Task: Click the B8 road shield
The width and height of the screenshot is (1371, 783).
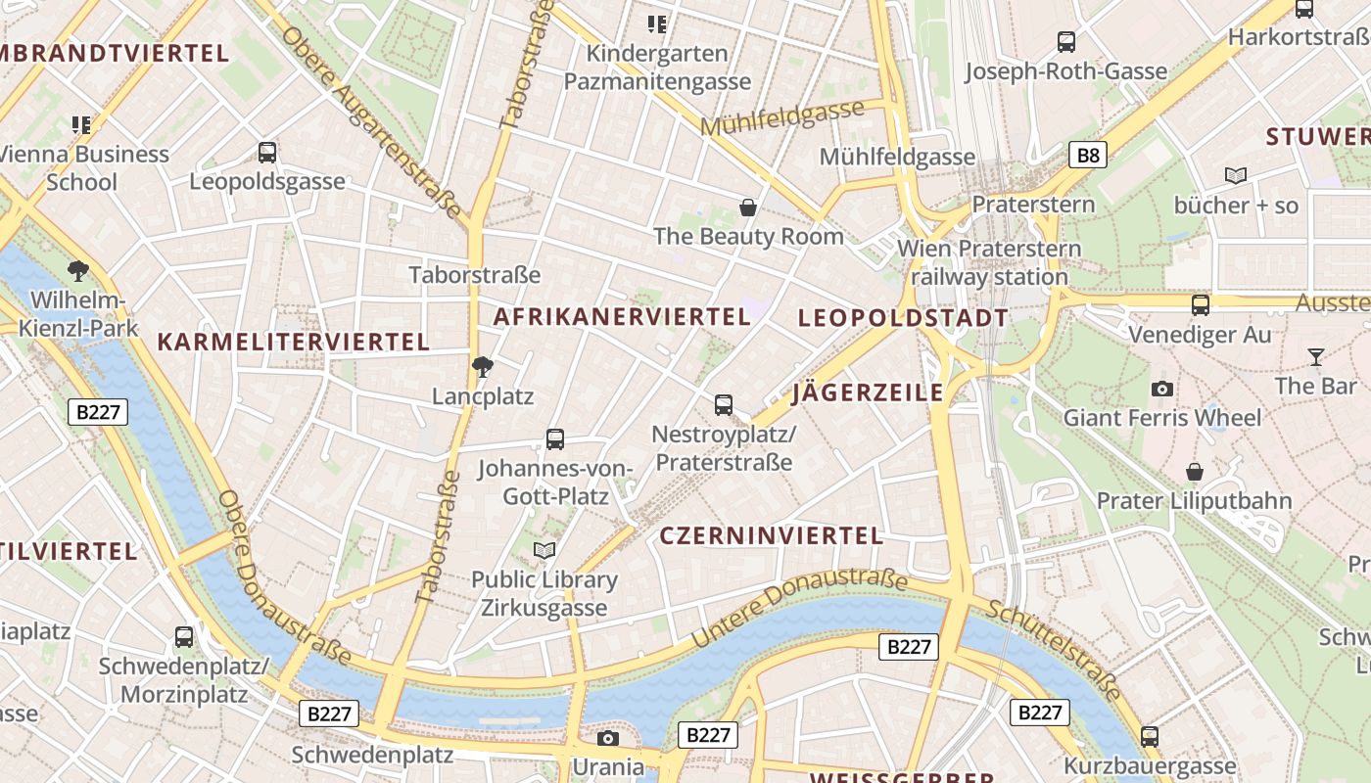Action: (x=1087, y=155)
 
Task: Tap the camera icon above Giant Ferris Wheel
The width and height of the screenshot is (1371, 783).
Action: (x=1162, y=389)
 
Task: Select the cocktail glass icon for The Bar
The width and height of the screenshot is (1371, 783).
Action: (x=1315, y=356)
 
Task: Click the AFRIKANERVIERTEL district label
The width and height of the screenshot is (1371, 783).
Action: (x=622, y=316)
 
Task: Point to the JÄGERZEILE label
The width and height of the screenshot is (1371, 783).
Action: (x=868, y=392)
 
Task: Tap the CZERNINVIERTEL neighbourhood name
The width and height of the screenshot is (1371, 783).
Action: (x=772, y=535)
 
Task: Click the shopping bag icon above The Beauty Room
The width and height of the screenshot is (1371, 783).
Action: (x=748, y=207)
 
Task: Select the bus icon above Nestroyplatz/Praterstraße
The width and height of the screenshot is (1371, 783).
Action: (x=724, y=404)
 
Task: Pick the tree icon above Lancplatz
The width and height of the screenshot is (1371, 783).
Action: (x=482, y=367)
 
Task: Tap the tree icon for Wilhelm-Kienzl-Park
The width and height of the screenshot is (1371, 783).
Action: (x=78, y=270)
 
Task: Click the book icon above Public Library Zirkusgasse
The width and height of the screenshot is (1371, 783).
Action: (x=544, y=550)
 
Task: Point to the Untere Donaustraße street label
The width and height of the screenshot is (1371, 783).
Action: (x=799, y=605)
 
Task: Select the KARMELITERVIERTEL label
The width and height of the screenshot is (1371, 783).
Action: (x=294, y=342)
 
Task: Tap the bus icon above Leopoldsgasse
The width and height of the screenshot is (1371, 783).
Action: (x=267, y=152)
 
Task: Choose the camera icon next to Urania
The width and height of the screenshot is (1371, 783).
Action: (x=608, y=738)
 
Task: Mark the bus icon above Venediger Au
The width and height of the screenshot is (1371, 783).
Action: (x=1201, y=304)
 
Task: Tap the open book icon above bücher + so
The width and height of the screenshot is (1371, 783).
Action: (x=1236, y=175)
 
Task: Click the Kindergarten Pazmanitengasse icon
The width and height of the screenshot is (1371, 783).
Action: (x=657, y=23)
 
